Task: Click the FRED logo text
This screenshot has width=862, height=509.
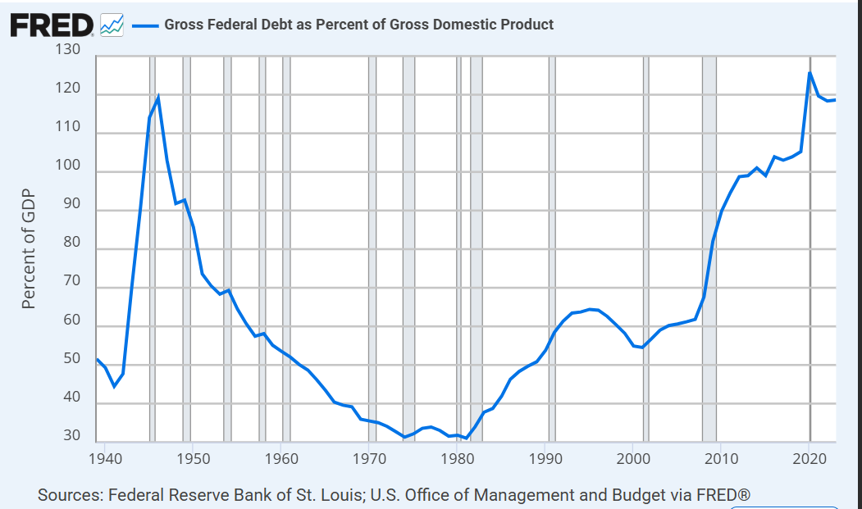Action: click(52, 25)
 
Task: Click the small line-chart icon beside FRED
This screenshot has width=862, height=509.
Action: click(111, 25)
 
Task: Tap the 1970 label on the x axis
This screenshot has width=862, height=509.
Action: click(368, 457)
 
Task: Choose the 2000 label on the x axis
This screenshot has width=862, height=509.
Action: click(633, 457)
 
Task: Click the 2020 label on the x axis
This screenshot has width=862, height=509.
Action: click(810, 457)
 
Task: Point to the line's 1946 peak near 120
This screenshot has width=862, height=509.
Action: click(157, 97)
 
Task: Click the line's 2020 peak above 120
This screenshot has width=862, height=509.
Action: click(810, 73)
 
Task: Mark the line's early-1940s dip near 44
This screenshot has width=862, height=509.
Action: click(114, 386)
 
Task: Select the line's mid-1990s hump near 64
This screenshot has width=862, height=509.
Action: click(591, 309)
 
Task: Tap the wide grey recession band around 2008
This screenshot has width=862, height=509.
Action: click(709, 246)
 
